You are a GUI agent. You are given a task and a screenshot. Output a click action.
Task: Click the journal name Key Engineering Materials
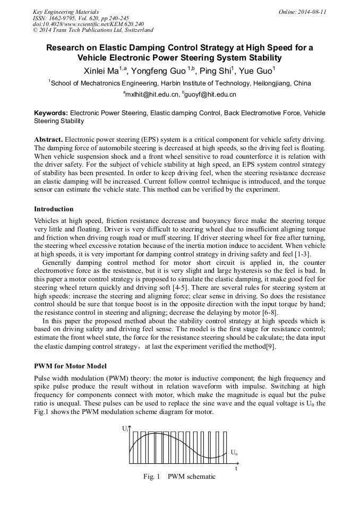point(65,12)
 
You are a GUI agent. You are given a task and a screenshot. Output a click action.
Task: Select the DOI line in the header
point(88,24)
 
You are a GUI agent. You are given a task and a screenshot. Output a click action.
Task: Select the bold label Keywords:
point(51,113)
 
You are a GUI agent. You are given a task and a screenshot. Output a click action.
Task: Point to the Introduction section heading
point(54,209)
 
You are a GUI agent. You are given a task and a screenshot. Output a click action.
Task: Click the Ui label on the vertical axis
point(124,428)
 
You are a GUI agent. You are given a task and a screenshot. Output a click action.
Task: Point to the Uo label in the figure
point(234,453)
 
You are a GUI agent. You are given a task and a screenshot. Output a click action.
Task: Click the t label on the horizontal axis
point(236,469)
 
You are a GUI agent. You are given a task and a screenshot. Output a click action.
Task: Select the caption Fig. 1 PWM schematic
point(179,477)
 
